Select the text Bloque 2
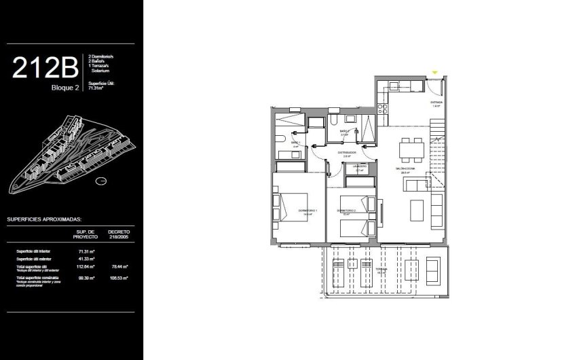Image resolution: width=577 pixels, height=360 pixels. [x=65, y=87]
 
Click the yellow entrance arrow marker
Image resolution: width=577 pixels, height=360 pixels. [x=436, y=65]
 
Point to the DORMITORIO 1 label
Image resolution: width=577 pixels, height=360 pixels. [x=309, y=212]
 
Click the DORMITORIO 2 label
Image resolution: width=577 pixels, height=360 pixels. [x=347, y=212]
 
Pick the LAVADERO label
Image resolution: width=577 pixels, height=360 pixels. [x=360, y=167]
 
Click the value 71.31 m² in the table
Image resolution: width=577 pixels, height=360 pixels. [x=85, y=251]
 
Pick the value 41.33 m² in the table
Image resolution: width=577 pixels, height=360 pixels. [x=85, y=259]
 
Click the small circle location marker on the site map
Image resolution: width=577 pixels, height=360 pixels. [x=100, y=181]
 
